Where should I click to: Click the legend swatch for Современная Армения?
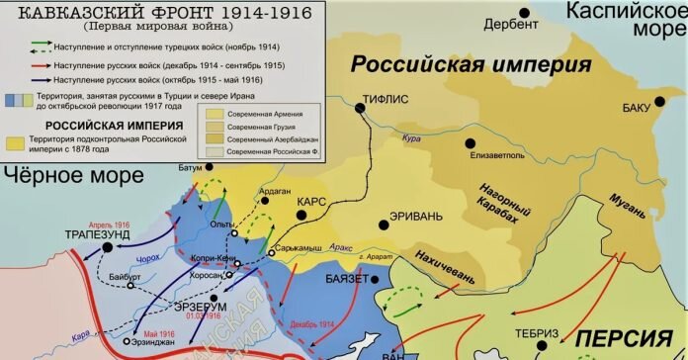click(215, 113)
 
